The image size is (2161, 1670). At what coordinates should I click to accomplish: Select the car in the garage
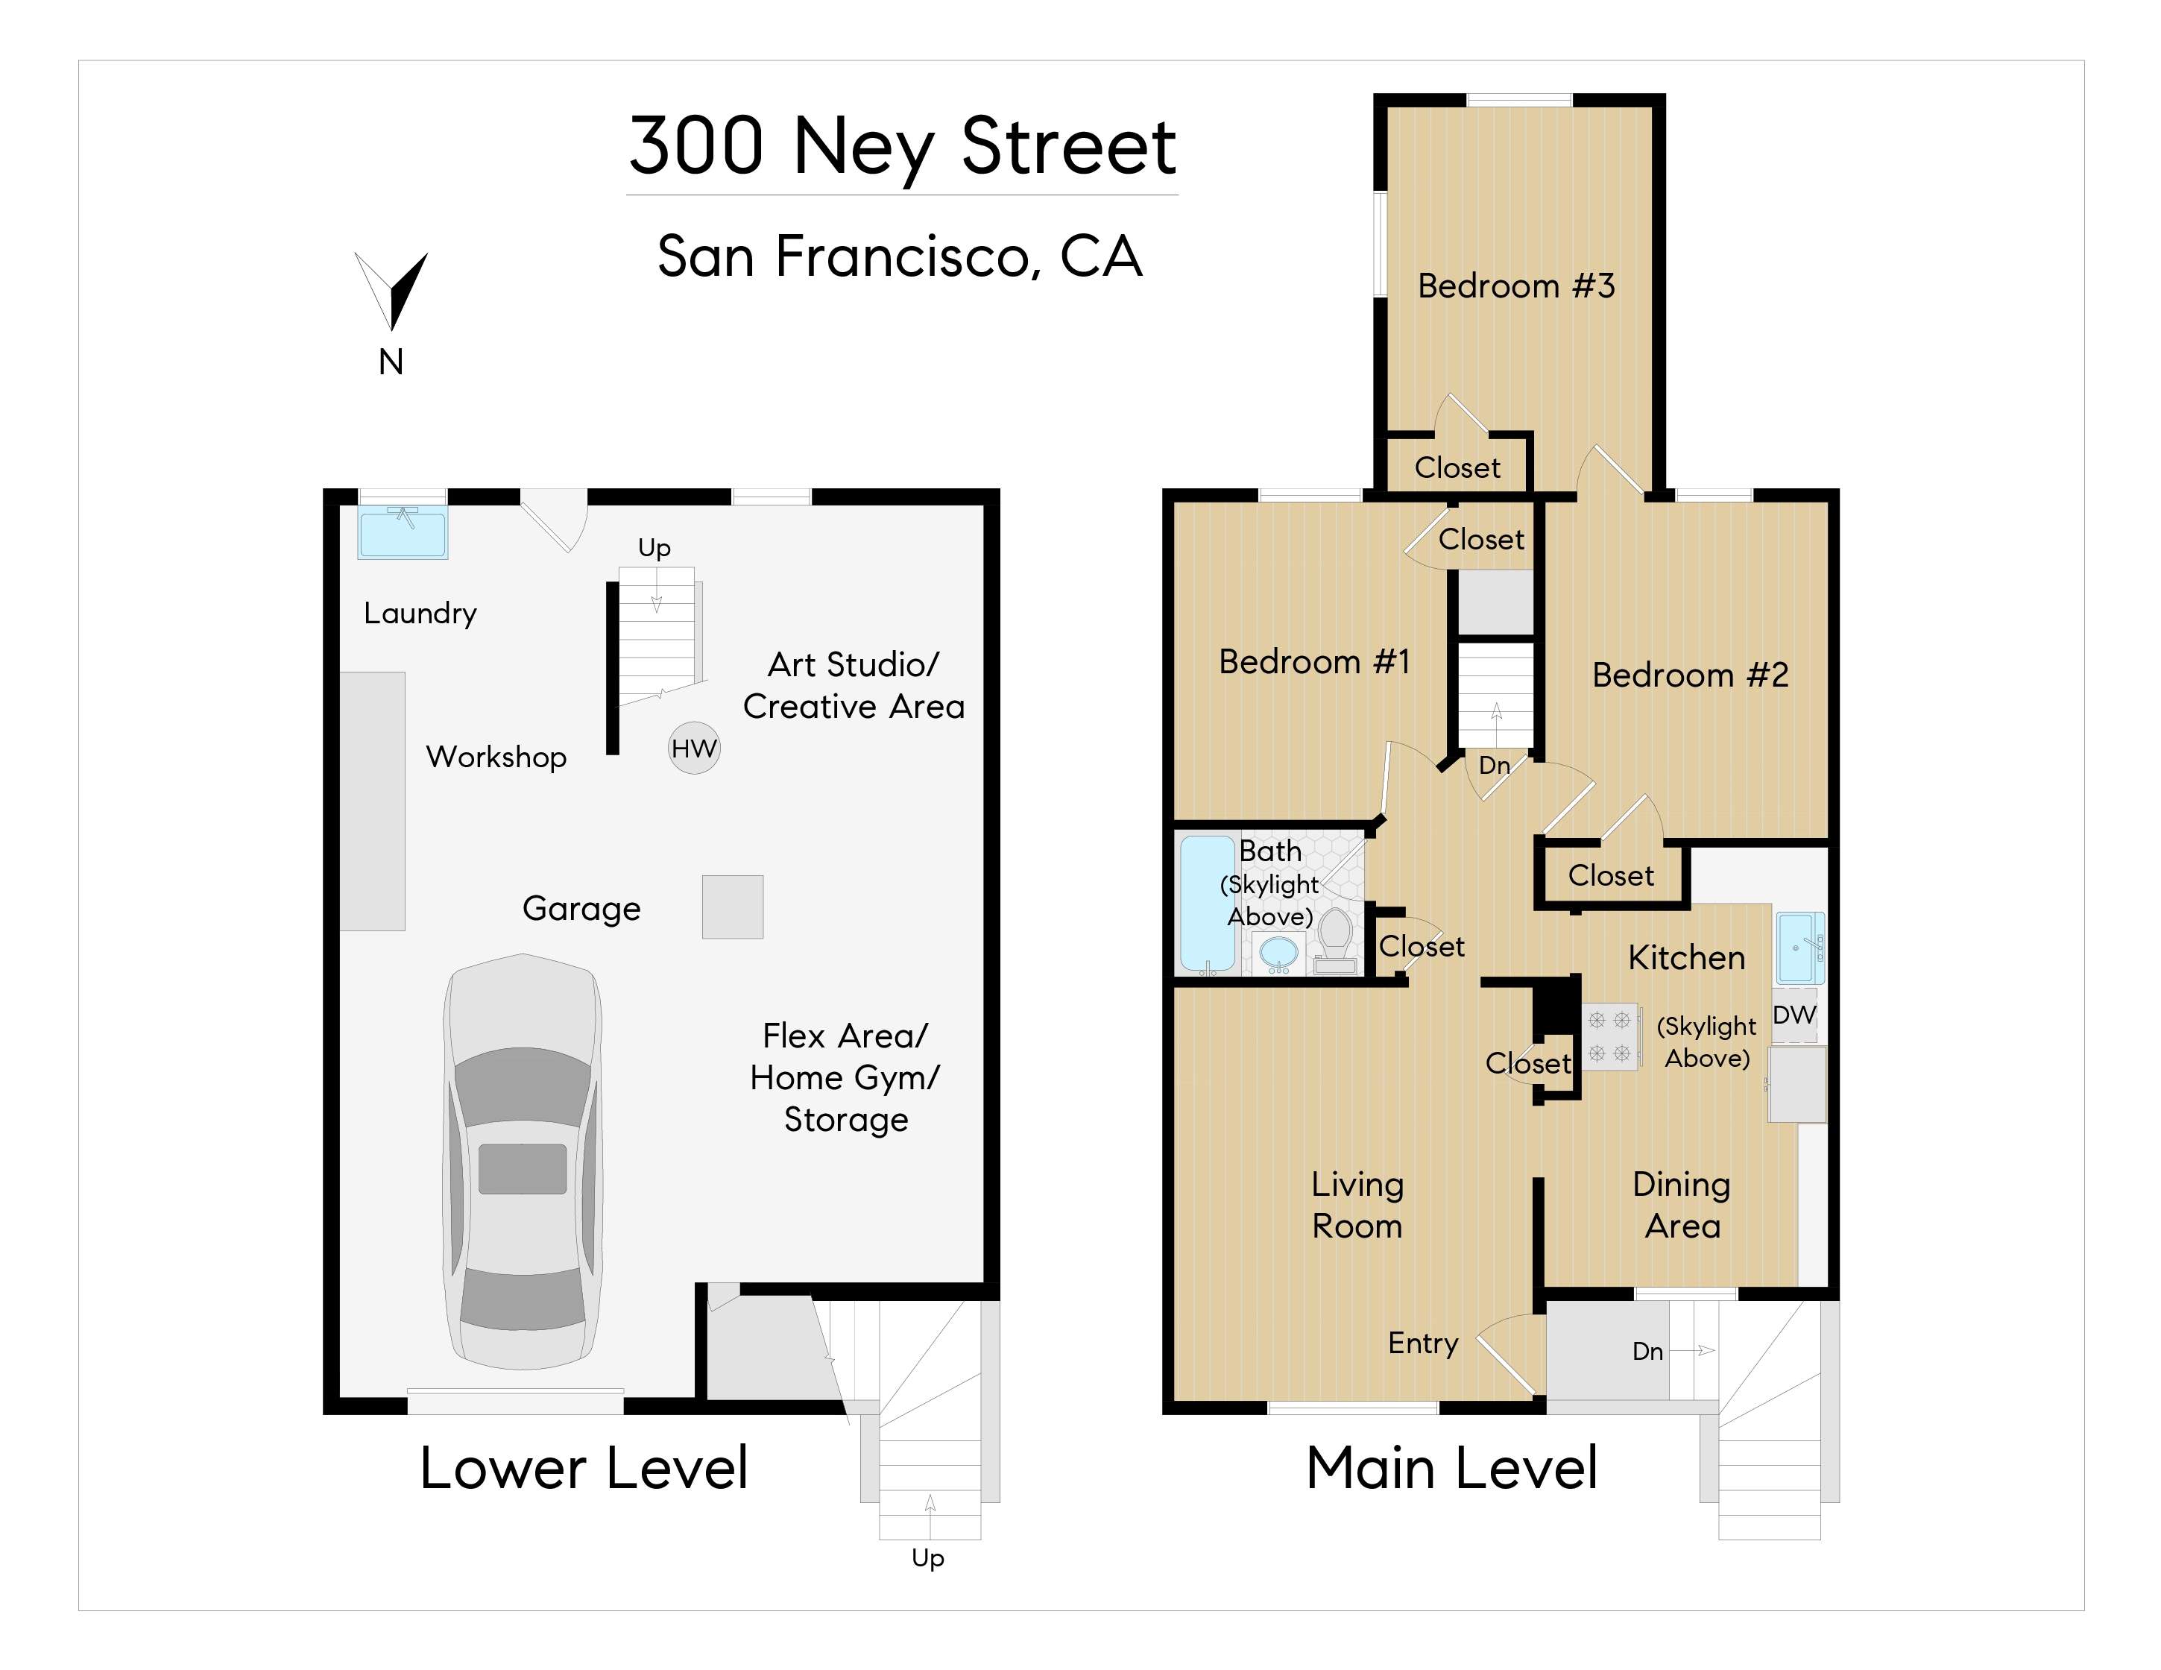(523, 1162)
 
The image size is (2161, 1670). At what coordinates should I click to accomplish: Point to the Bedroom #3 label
(1516, 286)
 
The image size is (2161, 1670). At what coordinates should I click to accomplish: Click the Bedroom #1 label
(1314, 661)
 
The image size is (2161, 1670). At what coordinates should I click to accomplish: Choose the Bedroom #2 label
(1690, 675)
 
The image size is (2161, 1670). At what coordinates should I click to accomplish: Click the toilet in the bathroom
(1336, 940)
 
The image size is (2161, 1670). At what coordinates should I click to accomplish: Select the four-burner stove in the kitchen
(1609, 1036)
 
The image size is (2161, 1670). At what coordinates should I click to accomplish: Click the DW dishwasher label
(1794, 1014)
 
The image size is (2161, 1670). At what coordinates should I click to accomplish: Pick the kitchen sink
(1800, 948)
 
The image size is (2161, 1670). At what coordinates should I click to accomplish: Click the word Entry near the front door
(1423, 1343)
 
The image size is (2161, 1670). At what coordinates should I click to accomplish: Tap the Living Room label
(1357, 1205)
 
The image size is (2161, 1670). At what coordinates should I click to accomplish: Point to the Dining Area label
(1681, 1205)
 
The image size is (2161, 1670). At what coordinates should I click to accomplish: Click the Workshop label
(496, 757)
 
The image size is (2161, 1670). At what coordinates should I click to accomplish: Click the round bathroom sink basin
(1278, 953)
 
